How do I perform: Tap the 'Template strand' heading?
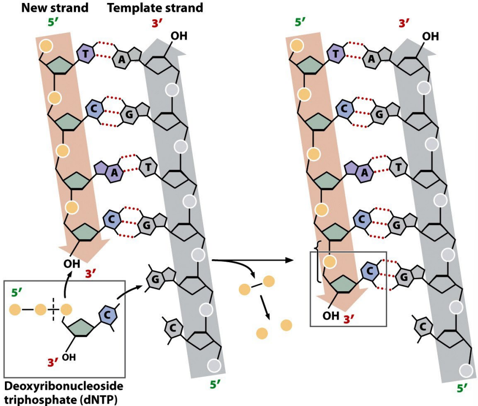pos(155,8)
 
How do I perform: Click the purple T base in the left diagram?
pos(86,54)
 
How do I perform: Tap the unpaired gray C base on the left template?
pos(172,325)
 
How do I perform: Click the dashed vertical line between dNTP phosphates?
pos(53,310)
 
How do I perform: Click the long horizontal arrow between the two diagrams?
pos(255,261)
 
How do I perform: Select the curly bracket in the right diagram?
pos(319,266)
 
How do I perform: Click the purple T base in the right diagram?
pos(337,53)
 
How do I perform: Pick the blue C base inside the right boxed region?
pos(370,271)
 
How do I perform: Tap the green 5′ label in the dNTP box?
pos(17,293)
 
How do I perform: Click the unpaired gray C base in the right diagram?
pos(423,325)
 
